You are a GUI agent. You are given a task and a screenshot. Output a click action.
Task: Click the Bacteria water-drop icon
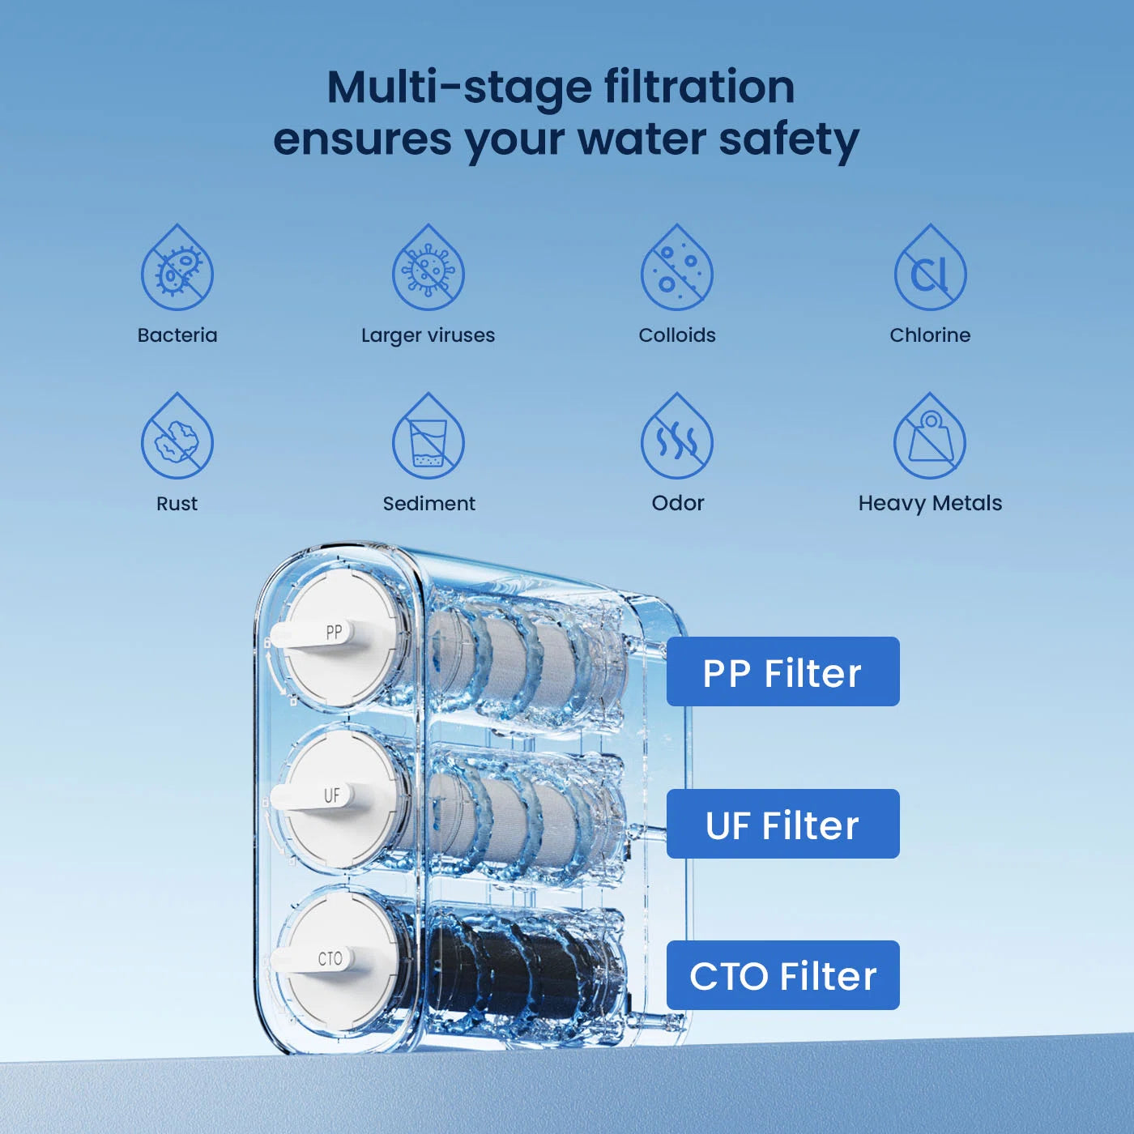coord(177,267)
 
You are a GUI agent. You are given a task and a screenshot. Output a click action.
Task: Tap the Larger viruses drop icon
coord(428,267)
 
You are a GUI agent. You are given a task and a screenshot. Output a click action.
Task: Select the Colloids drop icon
coord(676,267)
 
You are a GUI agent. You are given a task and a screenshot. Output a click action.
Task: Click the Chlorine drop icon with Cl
coord(931,267)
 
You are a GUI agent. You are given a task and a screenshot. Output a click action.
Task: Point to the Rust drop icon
coord(177,436)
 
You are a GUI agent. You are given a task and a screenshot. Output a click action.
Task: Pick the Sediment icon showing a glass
coord(428,436)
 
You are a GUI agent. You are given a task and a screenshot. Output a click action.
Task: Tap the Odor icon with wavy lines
coord(676,436)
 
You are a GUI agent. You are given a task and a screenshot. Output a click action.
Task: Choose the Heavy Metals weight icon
coord(930,436)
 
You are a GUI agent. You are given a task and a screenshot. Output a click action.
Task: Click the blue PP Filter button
coord(782,671)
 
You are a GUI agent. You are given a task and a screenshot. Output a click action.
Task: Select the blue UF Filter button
coord(782,824)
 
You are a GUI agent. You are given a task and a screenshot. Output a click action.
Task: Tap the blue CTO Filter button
coord(782,975)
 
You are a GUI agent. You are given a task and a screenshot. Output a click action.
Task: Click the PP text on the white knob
coord(334,633)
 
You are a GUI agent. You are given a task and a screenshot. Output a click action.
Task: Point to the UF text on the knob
coord(332,796)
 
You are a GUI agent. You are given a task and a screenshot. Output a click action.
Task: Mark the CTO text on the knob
coord(330,959)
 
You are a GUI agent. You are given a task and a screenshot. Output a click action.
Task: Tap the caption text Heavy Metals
coord(930,504)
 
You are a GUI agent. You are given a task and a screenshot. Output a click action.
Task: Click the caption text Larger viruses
coord(428,335)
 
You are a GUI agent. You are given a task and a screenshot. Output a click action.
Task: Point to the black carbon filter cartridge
coord(518,965)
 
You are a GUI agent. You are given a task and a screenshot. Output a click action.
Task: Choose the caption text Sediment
coord(429,504)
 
